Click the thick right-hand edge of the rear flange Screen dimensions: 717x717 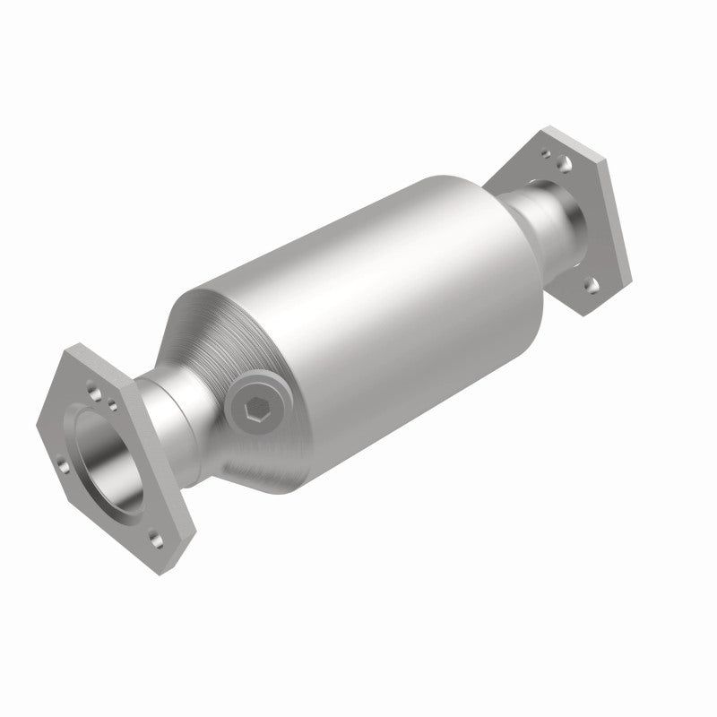click(x=618, y=233)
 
